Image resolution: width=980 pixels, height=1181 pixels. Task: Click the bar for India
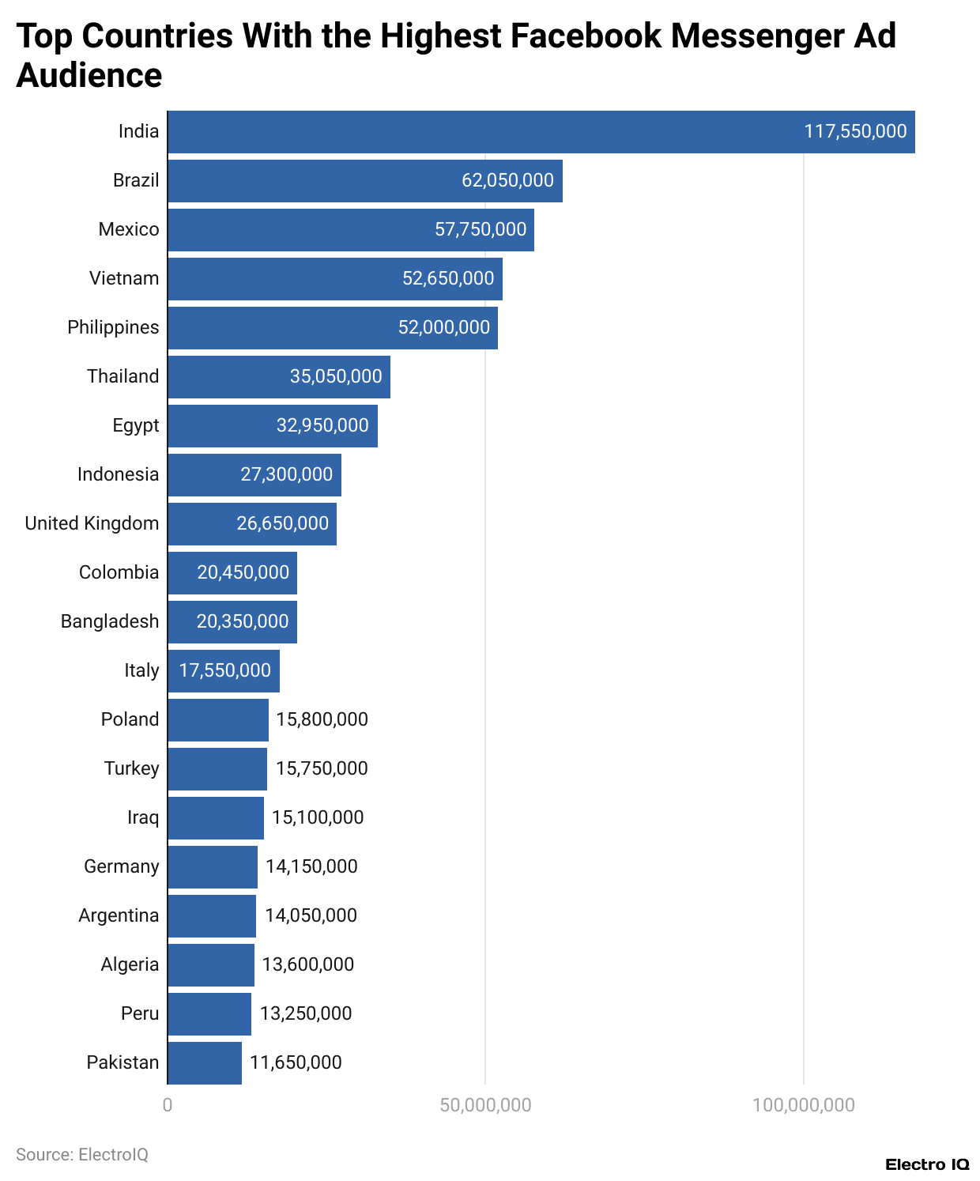point(541,132)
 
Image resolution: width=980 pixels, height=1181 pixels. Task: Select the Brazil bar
point(364,181)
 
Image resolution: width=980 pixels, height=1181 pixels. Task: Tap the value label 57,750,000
point(481,230)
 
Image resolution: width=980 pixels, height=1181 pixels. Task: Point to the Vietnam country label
point(124,278)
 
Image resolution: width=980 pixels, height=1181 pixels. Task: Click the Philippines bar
point(332,328)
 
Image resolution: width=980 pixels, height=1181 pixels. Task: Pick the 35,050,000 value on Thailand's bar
point(336,376)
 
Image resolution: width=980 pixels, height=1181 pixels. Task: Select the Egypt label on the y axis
point(136,425)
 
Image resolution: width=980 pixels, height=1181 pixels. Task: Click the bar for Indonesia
point(254,475)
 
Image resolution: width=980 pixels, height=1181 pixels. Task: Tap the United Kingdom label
point(92,523)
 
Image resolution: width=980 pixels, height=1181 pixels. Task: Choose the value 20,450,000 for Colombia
point(243,572)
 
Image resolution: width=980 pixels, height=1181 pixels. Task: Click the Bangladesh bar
point(232,622)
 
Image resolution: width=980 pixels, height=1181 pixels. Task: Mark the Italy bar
point(223,671)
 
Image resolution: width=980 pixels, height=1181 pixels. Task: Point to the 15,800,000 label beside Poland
point(322,719)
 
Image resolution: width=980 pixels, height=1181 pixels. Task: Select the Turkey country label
point(132,768)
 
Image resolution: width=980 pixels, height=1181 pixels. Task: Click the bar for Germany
point(212,867)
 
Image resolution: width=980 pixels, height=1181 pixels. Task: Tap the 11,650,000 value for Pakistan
point(296,1062)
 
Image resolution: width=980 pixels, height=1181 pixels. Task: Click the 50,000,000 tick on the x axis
point(485,1105)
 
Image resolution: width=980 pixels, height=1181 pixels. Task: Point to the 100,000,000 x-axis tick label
point(803,1105)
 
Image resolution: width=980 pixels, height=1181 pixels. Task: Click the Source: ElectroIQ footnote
point(82,1155)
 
